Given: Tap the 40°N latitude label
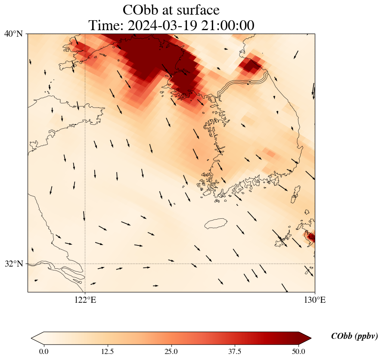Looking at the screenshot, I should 14,34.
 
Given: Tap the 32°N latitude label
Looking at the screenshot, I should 14,264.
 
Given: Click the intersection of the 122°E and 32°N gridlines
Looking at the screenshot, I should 85,264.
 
